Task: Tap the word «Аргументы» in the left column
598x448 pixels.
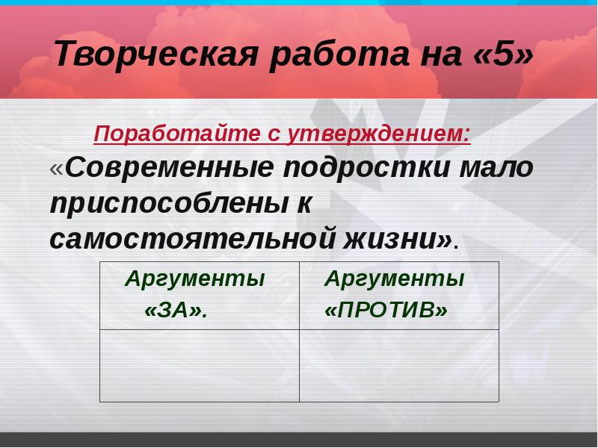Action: click(195, 280)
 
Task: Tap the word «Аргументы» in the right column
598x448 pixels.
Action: click(394, 280)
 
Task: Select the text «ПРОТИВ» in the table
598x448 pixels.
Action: click(386, 311)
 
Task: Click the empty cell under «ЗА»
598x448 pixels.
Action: click(200, 365)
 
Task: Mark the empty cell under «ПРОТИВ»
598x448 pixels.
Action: click(399, 365)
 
